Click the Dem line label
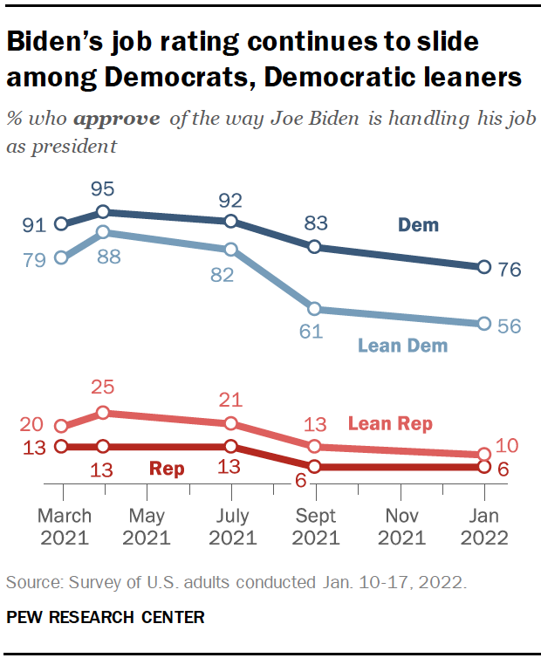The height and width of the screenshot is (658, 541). pos(418,225)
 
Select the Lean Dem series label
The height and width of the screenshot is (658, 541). pos(402,346)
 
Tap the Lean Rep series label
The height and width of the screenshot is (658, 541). pos(390,424)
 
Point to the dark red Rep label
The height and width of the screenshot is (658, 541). pos(167,469)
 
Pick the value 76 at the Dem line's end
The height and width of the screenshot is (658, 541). pos(509,270)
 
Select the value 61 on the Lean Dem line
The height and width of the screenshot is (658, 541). pos(312,331)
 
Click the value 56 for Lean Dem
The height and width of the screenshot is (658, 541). pos(509,326)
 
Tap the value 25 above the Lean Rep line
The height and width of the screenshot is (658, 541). pos(103,387)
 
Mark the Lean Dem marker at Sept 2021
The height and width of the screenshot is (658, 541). pos(315,309)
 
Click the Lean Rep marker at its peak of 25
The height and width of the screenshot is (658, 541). pos(103,412)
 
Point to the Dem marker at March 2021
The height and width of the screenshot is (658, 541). pos(61,224)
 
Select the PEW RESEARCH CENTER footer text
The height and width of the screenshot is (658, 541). pos(106,617)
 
